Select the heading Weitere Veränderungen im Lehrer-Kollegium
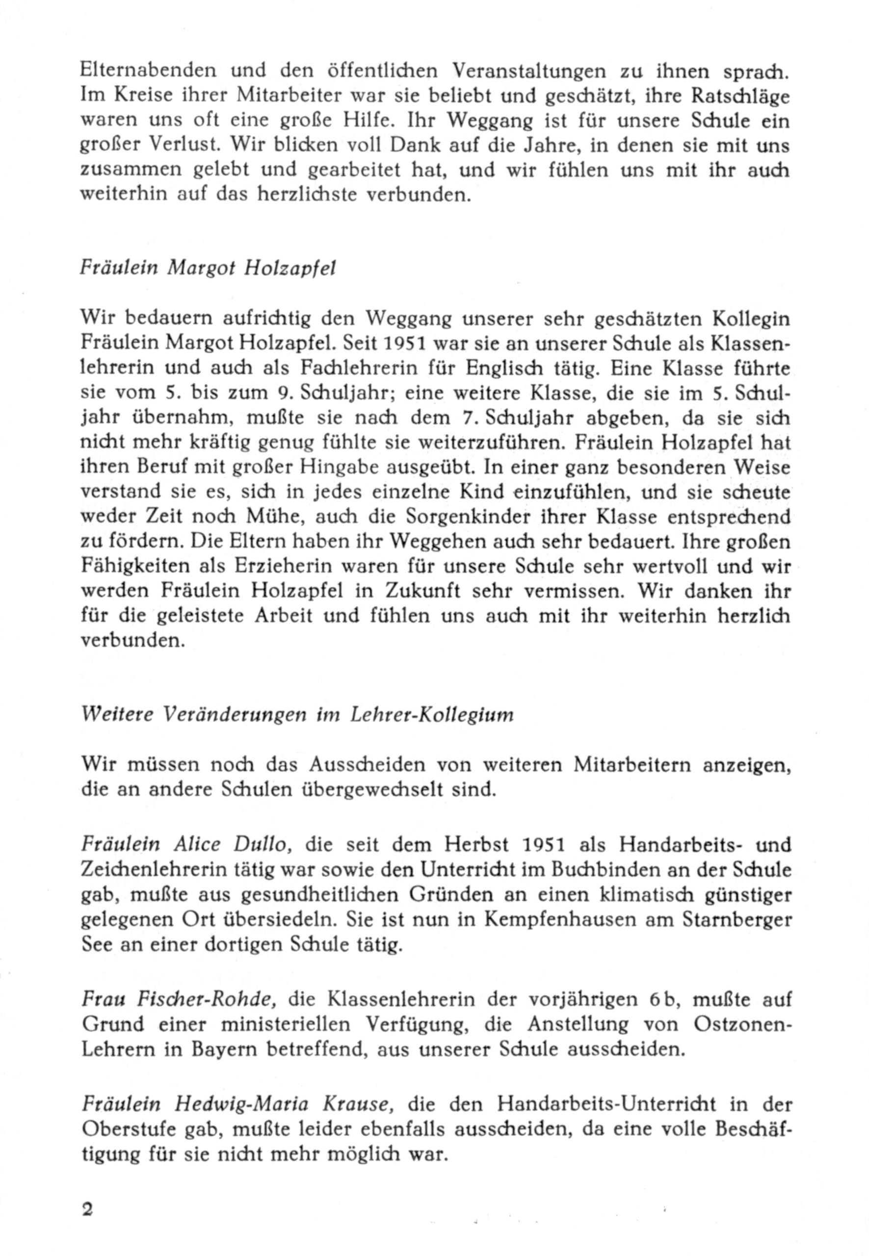pyautogui.click(x=297, y=714)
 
